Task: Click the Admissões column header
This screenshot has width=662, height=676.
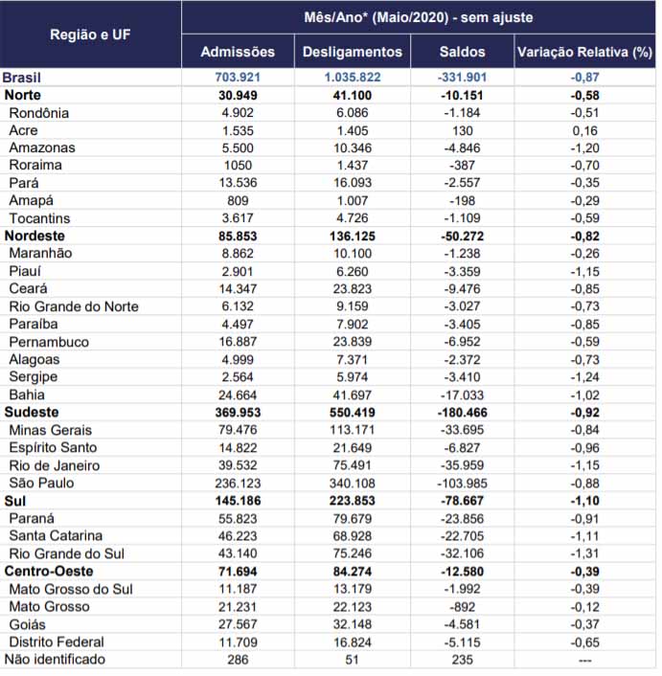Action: coord(238,52)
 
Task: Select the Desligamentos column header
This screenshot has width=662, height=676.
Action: coord(353,52)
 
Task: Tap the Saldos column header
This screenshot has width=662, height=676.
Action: coord(463,52)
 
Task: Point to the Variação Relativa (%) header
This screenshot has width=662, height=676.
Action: coord(584,52)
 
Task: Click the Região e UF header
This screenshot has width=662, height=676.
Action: coord(90,34)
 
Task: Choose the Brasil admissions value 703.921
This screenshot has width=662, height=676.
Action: coord(238,78)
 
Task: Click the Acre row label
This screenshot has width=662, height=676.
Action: coord(23,130)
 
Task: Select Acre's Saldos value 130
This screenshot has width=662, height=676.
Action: coord(463,130)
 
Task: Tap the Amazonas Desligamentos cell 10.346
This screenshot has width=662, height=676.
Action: coord(353,147)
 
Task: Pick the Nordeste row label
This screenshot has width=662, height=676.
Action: coord(34,236)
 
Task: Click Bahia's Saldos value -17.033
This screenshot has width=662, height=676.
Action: coord(463,394)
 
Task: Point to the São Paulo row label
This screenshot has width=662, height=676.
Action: coord(41,483)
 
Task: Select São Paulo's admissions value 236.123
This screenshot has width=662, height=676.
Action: coord(238,484)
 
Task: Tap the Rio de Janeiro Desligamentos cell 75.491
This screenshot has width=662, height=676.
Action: coord(353,465)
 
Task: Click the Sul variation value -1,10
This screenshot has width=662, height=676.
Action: coord(584,501)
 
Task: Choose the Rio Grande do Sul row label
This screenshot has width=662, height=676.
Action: coord(66,553)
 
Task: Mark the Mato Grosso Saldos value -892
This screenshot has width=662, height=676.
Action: coord(463,607)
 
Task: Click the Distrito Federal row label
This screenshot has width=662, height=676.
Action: coord(57,642)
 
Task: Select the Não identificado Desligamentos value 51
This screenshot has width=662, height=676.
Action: coord(352,660)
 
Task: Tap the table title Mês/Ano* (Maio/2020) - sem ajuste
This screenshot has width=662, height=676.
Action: coord(419,17)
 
